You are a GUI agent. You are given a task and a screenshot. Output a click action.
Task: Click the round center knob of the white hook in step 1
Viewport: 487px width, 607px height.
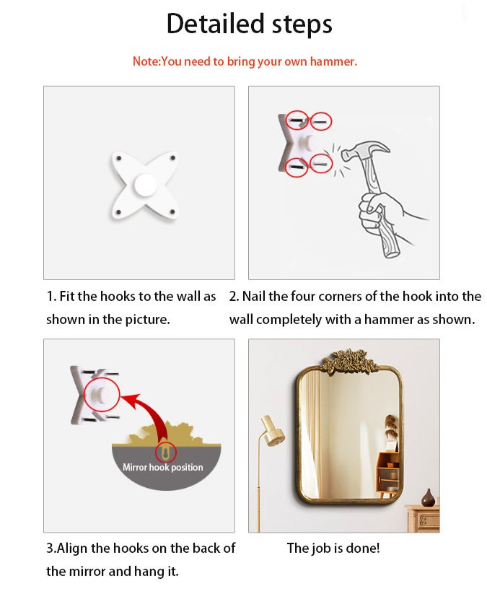coord(146,185)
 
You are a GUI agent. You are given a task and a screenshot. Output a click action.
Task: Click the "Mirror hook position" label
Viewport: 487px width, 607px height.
coord(163,467)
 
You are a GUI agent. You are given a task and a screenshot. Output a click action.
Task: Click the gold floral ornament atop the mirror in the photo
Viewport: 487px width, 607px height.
coord(348,361)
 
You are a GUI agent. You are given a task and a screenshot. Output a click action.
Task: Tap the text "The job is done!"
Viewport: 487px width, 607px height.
coord(333,548)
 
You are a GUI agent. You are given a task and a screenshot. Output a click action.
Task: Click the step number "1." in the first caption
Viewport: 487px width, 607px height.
coord(51,297)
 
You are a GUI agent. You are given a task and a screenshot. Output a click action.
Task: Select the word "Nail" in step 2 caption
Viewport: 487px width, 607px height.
coord(254,297)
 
